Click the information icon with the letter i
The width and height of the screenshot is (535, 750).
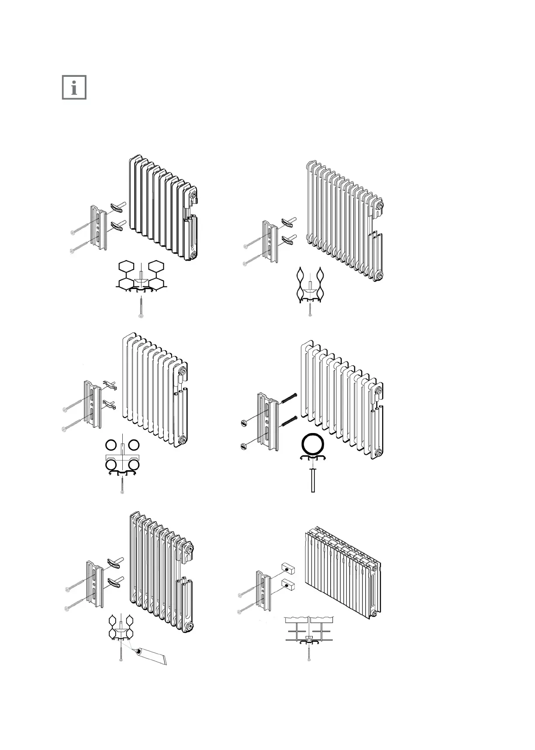[74, 87]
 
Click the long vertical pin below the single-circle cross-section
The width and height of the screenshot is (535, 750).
[313, 480]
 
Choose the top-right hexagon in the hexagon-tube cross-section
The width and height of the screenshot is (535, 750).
[155, 266]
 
